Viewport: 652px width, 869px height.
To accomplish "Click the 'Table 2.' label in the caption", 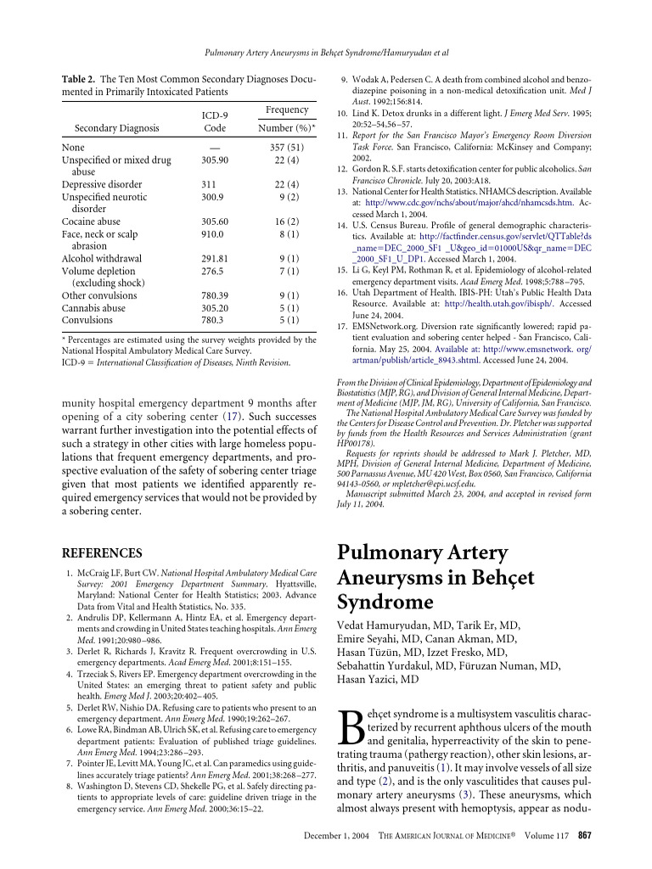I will (78, 79).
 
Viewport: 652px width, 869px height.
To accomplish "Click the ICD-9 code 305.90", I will (214, 159).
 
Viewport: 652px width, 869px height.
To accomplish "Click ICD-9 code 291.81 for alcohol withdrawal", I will (214, 258).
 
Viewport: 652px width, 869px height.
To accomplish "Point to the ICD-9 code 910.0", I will (212, 233).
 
